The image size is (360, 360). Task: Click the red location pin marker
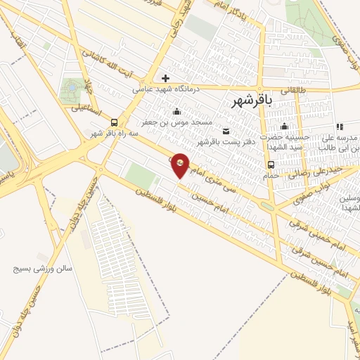[181, 164]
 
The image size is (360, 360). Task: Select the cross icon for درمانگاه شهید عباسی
[165, 78]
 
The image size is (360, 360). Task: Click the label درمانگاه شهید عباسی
[165, 89]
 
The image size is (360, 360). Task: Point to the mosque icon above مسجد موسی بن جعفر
[176, 111]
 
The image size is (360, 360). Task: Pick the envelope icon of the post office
[226, 131]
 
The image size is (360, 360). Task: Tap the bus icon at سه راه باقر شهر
[115, 121]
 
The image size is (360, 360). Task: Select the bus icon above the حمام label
[270, 165]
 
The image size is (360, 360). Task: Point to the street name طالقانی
[297, 90]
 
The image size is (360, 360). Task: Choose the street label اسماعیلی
[86, 110]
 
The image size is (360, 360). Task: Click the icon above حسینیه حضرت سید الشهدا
[285, 127]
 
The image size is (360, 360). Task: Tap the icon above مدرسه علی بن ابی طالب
[340, 127]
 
